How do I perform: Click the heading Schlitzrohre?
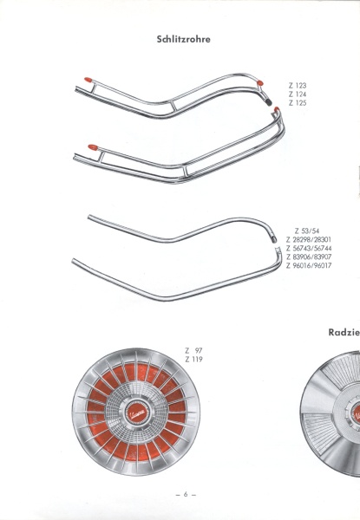click(x=184, y=39)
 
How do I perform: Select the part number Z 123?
click(x=298, y=86)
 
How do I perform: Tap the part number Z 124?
click(x=298, y=94)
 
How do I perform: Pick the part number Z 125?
click(x=298, y=103)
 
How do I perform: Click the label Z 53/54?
click(x=307, y=231)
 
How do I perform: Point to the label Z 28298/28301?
click(x=309, y=239)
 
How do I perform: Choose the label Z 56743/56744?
click(x=309, y=248)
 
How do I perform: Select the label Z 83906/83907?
click(x=309, y=257)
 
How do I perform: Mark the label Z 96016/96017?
click(x=309, y=265)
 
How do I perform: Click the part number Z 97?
click(x=193, y=350)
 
